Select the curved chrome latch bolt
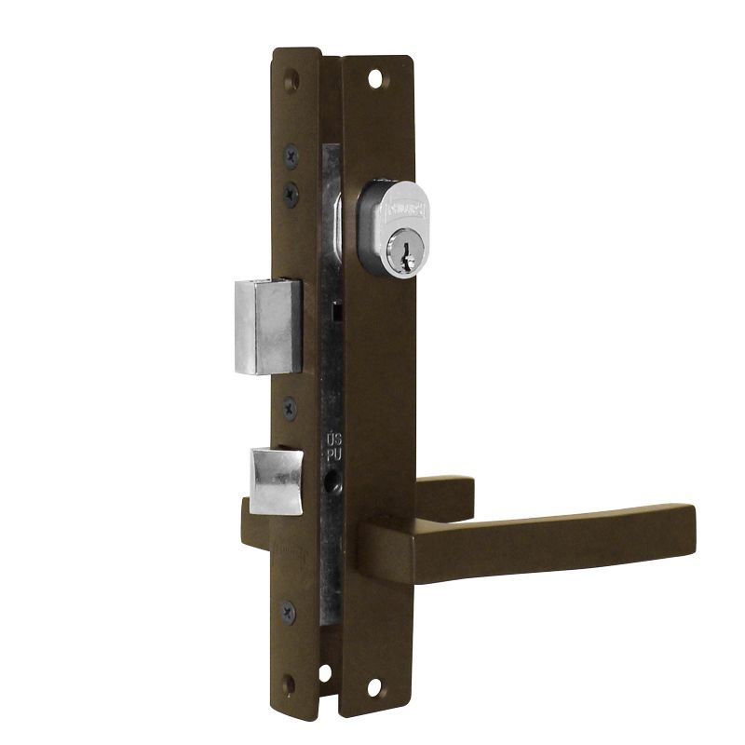click(x=276, y=480)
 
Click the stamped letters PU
click(x=332, y=454)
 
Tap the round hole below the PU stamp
click(x=332, y=484)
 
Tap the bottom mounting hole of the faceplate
click(x=325, y=673)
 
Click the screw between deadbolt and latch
click(x=290, y=406)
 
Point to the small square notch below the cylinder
click(x=342, y=310)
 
